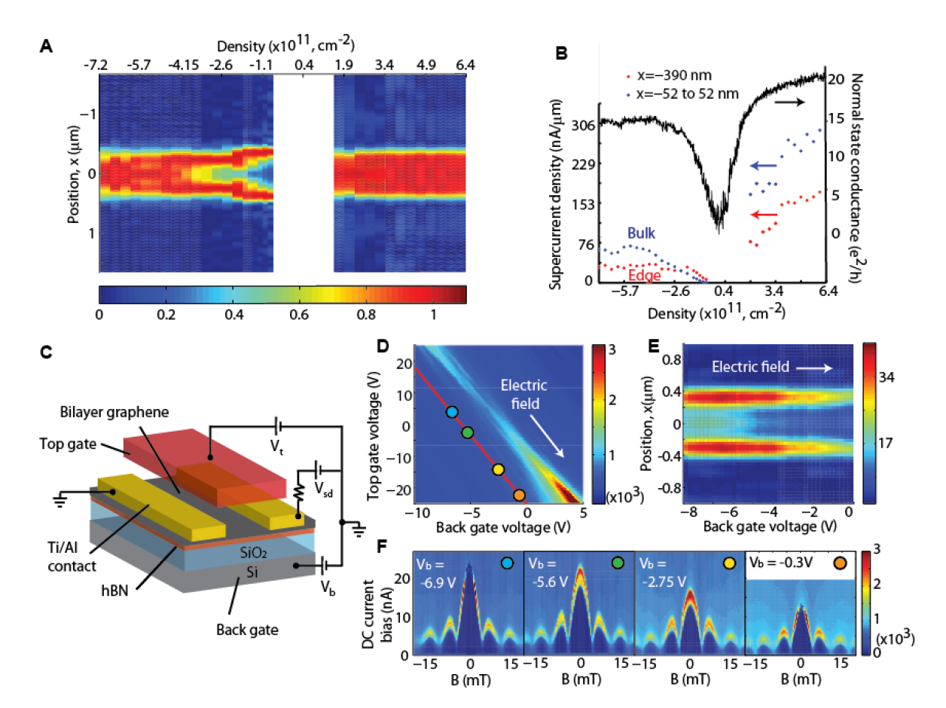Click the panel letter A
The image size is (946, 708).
[46, 47]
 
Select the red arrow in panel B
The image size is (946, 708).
[764, 215]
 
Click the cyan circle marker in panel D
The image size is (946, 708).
[452, 412]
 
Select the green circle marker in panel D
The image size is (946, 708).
[468, 432]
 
